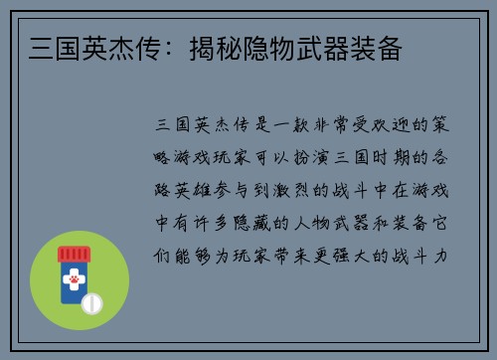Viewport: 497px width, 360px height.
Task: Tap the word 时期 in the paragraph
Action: (x=416, y=158)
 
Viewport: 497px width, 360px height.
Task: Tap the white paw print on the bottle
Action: (x=73, y=286)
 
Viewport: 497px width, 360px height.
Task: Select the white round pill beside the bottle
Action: (x=92, y=302)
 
